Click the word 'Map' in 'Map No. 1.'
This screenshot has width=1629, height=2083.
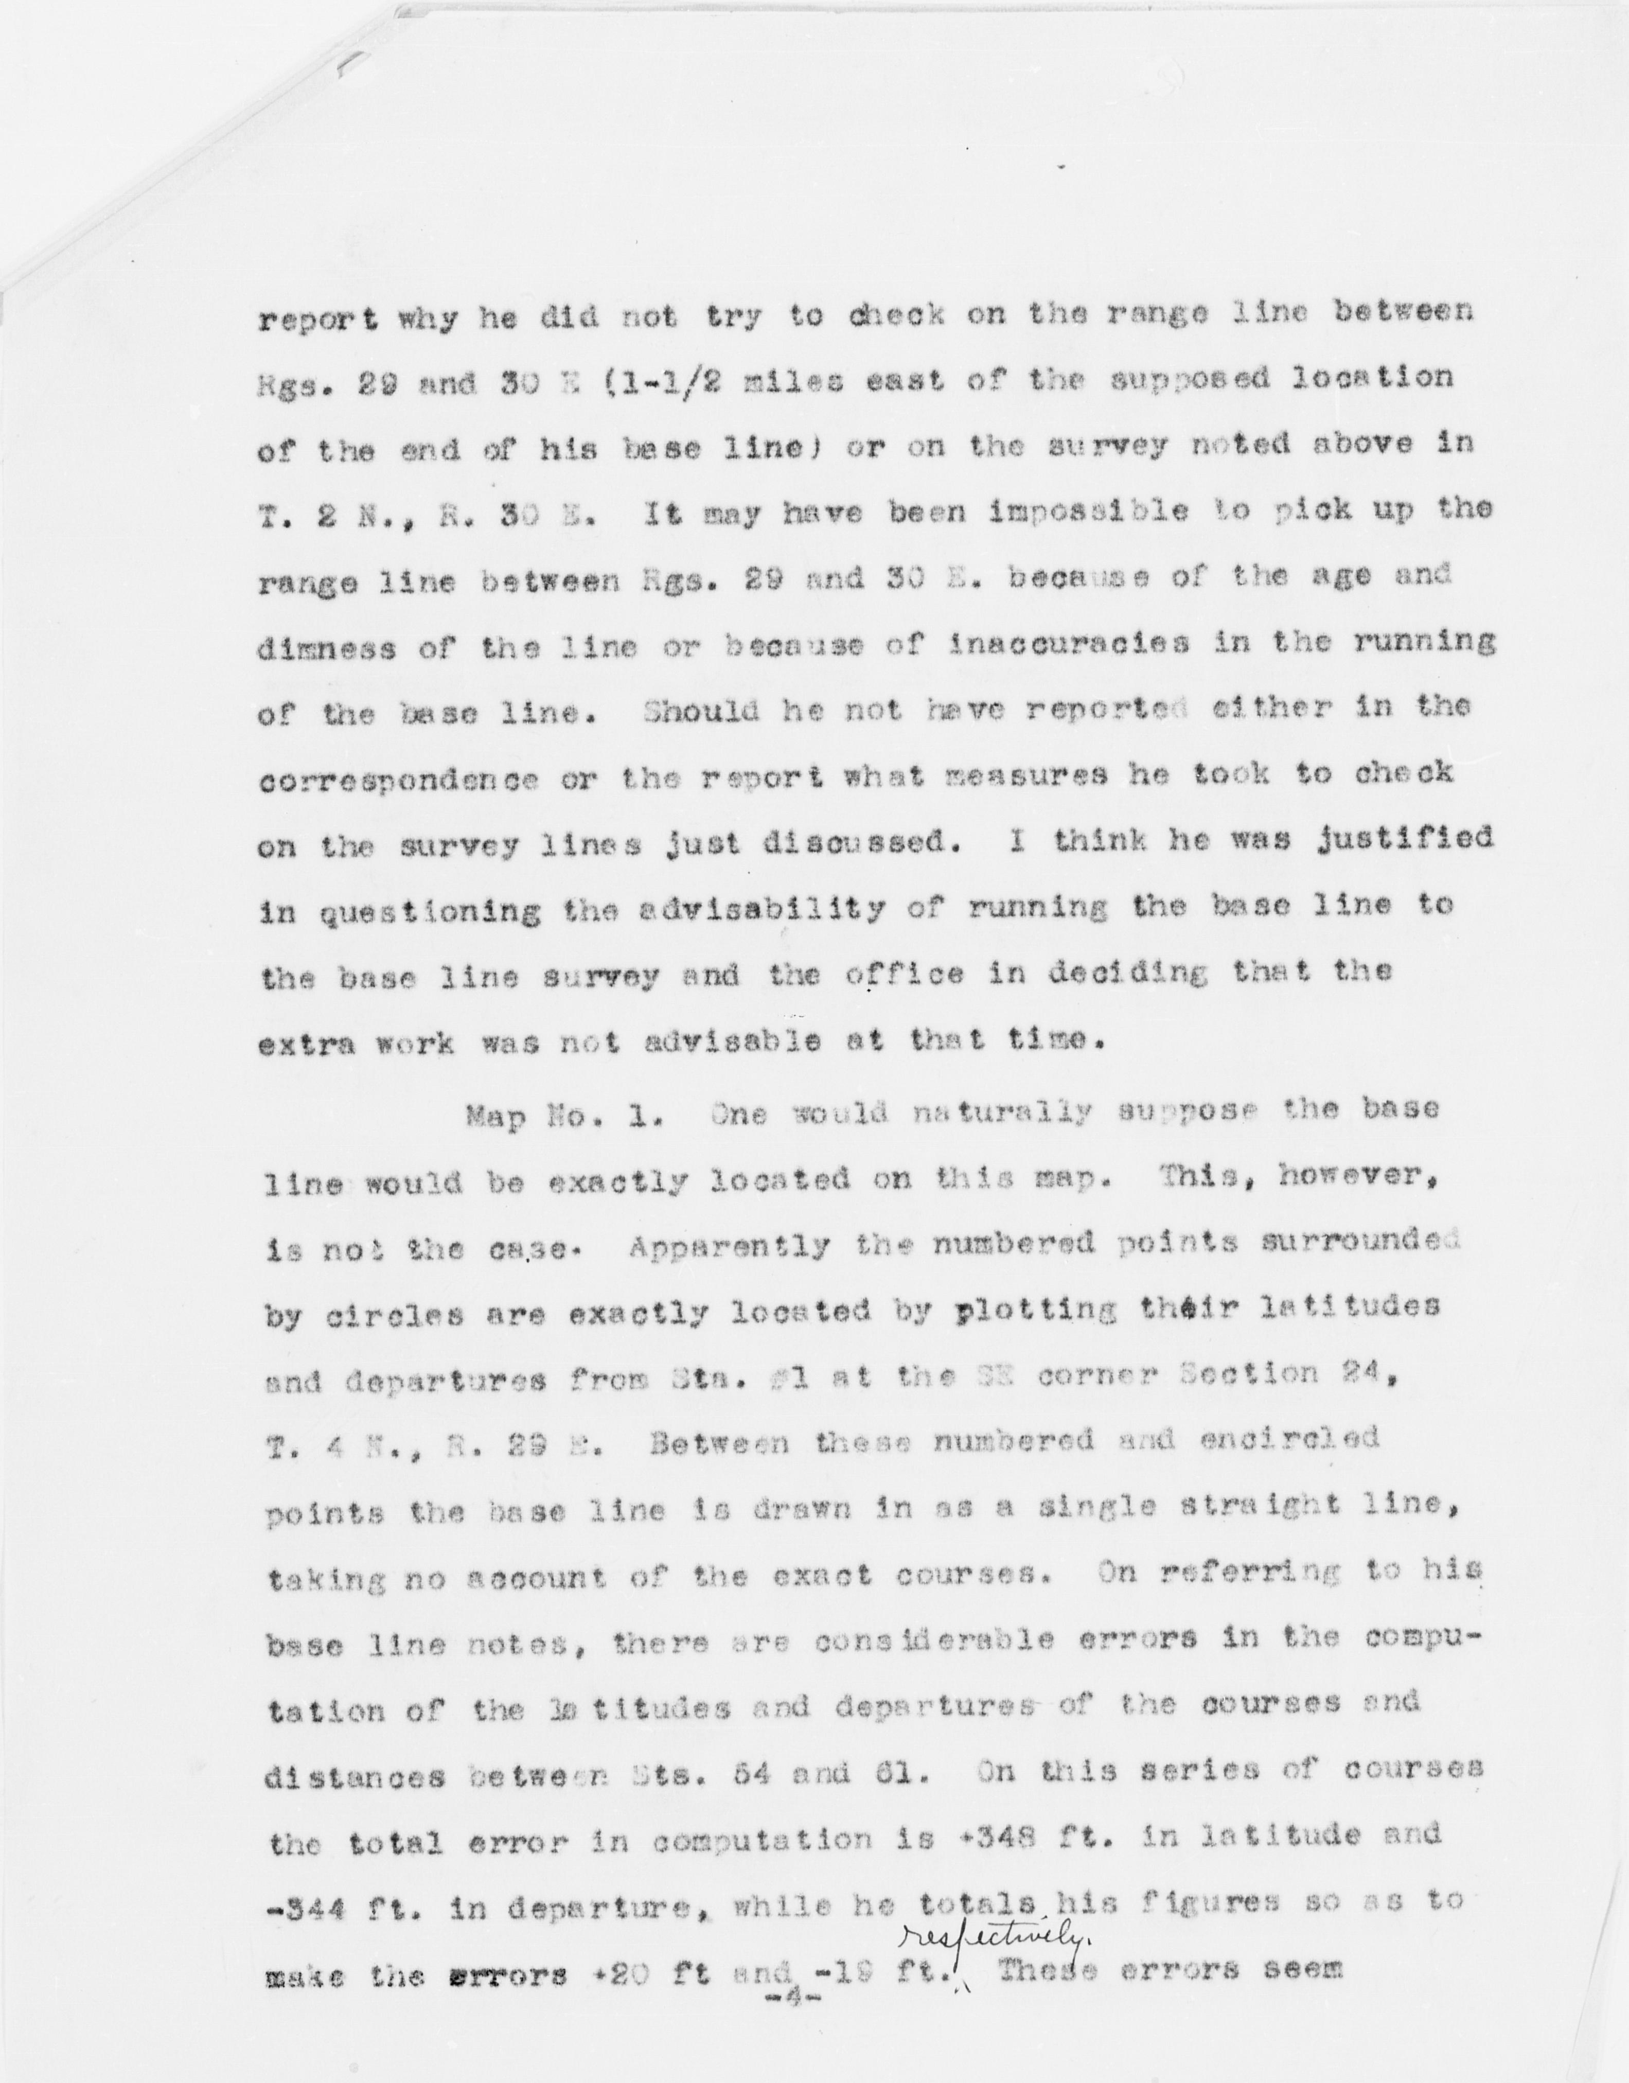point(497,1117)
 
